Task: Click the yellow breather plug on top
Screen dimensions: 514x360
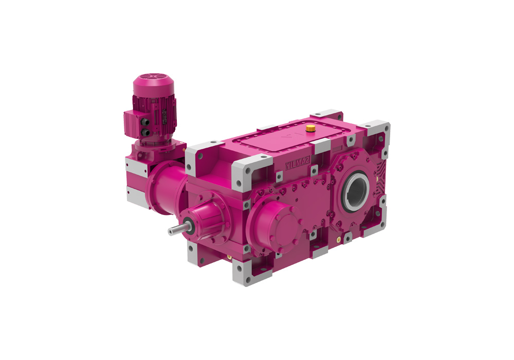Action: pos(310,128)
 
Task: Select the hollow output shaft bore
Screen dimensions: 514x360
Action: pos(356,191)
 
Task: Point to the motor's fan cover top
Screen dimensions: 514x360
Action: pos(153,84)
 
